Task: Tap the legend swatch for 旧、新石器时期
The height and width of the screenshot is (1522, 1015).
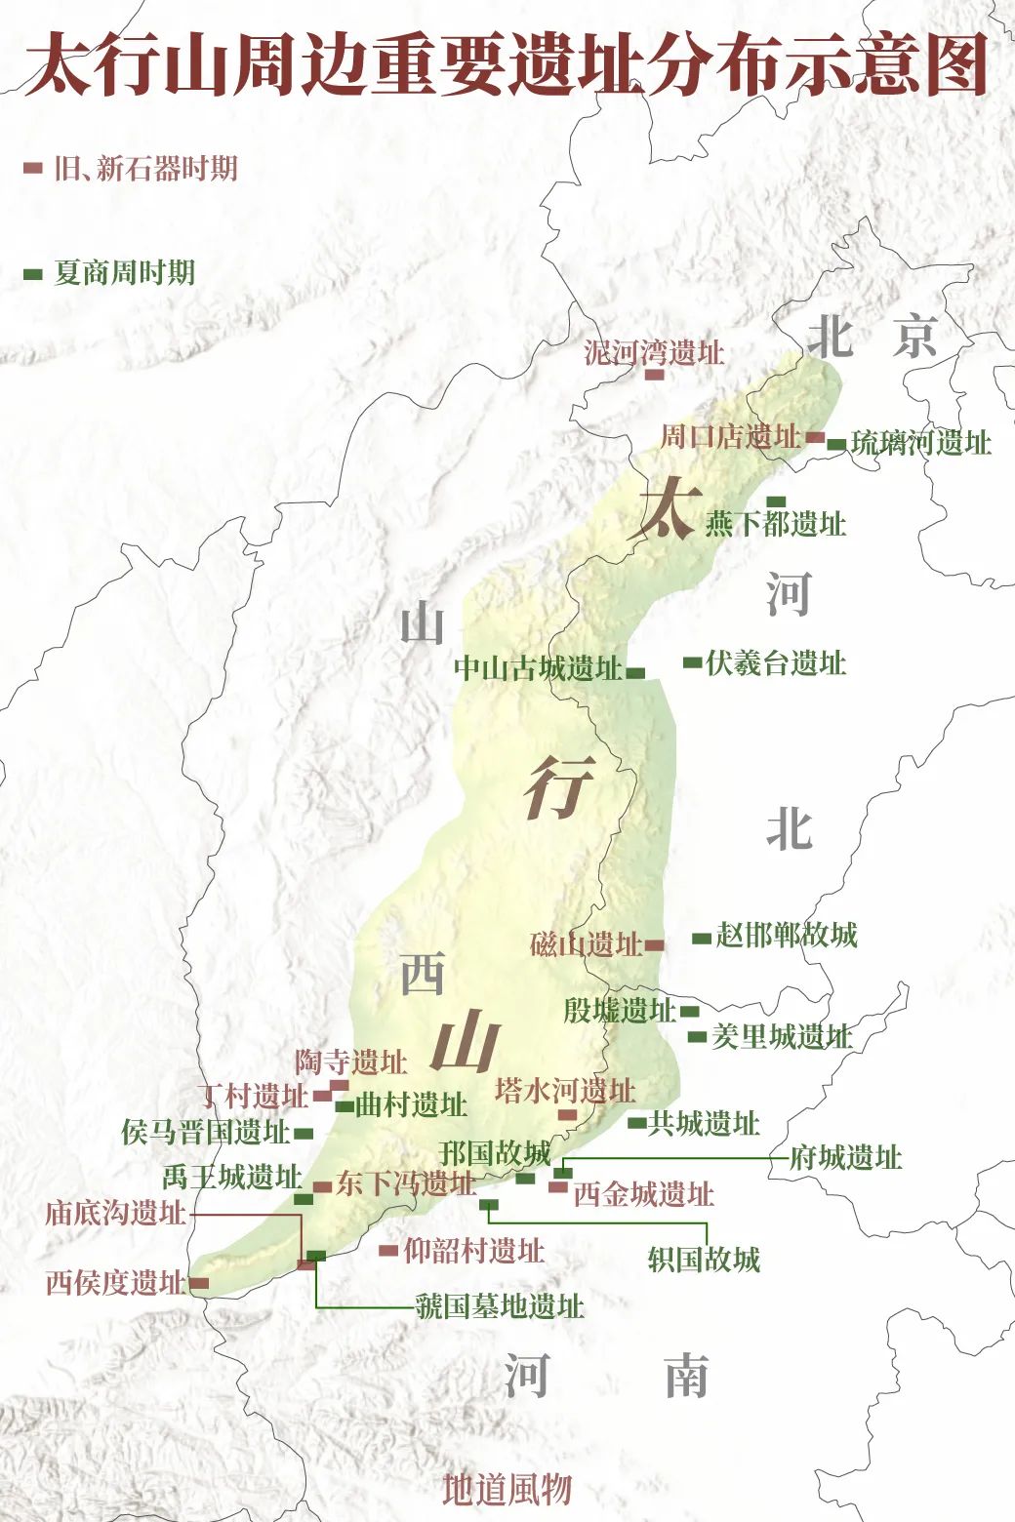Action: coord(33,169)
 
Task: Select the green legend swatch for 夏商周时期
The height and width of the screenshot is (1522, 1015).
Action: coord(33,274)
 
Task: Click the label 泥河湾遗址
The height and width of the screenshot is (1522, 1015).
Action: coord(654,352)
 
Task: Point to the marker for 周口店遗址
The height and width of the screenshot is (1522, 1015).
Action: coord(814,438)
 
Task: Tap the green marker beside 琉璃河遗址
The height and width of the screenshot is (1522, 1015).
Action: coord(836,445)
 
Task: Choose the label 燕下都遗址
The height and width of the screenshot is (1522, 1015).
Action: coord(776,524)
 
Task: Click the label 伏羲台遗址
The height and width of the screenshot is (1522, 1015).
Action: coord(776,663)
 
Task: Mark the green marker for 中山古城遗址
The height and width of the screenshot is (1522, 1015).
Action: coord(635,672)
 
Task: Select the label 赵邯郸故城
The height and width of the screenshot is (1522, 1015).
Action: coord(787,935)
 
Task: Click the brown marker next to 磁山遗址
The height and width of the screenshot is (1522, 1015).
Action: coord(654,944)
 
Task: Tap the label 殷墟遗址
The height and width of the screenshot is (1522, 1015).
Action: coord(620,1010)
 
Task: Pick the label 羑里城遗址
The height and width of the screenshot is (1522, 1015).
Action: coord(781,1036)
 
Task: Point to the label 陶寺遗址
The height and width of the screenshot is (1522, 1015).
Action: coord(351,1061)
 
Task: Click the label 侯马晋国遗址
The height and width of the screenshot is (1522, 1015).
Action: coord(206,1133)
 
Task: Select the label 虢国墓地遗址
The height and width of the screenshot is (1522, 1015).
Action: coord(500,1306)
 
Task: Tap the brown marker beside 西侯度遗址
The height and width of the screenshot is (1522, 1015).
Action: coord(198,1283)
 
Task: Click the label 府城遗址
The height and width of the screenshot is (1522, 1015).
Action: coord(845,1158)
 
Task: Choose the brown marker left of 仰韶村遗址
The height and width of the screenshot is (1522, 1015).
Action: coord(388,1250)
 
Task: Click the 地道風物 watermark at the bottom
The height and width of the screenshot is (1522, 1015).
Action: coord(507,1490)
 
